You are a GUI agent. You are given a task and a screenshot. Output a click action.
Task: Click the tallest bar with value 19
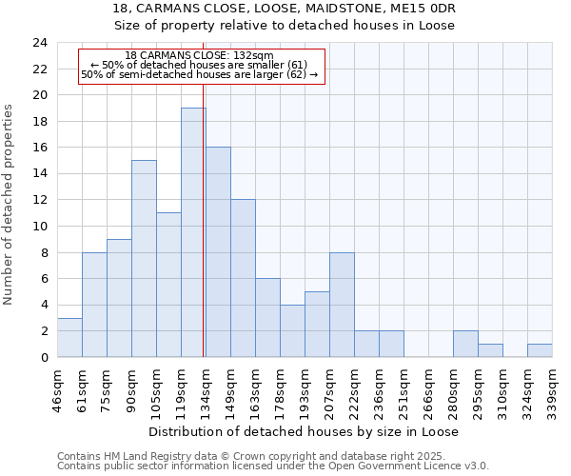193,232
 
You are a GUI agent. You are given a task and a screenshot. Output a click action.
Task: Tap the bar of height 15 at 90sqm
144,259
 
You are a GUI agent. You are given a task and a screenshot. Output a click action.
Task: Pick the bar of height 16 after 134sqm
218,252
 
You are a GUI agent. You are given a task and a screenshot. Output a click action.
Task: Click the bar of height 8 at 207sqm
342,305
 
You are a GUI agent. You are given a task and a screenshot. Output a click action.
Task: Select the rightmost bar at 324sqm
540,350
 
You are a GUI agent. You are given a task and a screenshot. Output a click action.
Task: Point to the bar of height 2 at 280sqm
465,344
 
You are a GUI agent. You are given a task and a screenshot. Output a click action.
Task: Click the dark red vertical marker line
204,219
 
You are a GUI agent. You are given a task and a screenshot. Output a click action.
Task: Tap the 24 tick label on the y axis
39,43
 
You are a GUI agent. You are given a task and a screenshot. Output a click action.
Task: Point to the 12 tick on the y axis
39,200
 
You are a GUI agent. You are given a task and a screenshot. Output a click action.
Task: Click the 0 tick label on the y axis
43,357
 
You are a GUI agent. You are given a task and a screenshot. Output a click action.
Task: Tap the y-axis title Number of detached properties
10,205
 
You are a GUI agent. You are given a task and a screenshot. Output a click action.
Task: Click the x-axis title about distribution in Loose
305,431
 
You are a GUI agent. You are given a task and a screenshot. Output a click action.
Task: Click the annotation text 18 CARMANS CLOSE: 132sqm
200,55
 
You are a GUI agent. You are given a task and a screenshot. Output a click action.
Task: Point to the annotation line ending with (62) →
200,73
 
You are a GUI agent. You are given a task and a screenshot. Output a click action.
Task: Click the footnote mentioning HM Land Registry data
272,456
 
